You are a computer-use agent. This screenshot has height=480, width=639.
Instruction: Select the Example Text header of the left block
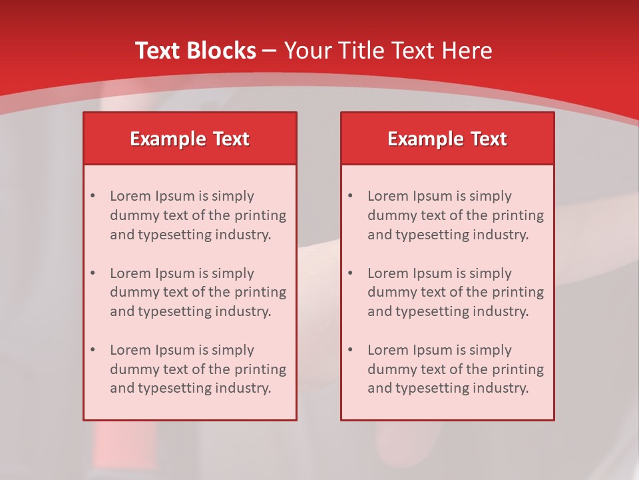[190, 139]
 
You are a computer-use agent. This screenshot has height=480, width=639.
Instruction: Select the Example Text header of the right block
[447, 139]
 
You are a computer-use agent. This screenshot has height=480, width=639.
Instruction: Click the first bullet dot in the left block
[93, 196]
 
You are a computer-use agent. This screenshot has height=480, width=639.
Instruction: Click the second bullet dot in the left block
[93, 273]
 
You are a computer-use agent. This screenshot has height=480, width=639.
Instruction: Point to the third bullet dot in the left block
[93, 350]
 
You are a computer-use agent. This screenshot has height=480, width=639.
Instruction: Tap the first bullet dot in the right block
[350, 196]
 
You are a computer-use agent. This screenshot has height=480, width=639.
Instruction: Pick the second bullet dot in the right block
[350, 273]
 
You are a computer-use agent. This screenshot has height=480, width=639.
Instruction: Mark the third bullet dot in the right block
[350, 350]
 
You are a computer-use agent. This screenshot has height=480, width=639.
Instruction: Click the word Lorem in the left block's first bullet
[130, 196]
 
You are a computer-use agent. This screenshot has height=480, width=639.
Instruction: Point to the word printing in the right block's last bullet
[519, 369]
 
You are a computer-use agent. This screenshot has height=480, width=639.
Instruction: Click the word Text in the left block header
[231, 139]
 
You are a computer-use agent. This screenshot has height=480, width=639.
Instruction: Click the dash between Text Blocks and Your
[270, 51]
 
